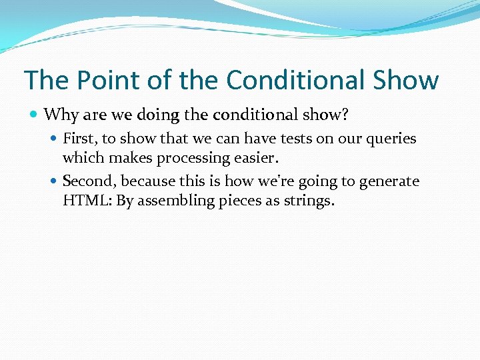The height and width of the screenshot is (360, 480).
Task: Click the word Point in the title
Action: (x=98, y=80)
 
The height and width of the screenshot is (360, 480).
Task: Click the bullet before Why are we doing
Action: (x=34, y=115)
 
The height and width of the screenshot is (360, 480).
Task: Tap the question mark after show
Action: (x=345, y=115)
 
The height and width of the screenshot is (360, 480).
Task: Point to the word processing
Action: (x=194, y=158)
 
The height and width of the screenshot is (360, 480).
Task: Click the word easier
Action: (x=259, y=157)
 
